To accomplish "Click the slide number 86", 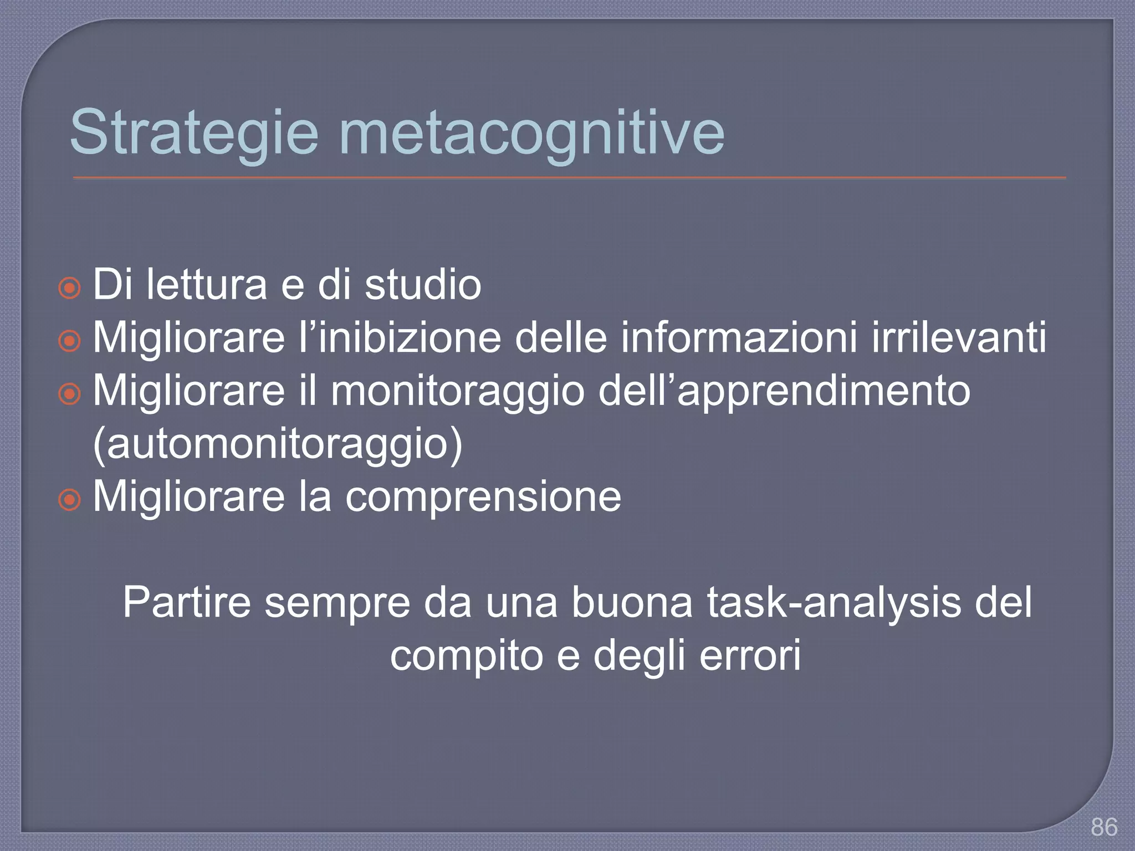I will click(x=1104, y=827).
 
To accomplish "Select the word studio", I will click(x=423, y=284).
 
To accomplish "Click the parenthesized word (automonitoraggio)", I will click(x=277, y=444).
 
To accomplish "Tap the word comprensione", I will click(x=483, y=497).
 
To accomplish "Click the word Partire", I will click(x=187, y=603).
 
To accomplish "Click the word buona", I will click(x=632, y=603).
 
